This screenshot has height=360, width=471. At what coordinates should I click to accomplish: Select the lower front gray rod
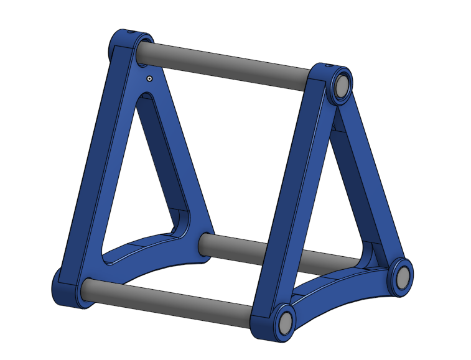pyautogui.click(x=168, y=303)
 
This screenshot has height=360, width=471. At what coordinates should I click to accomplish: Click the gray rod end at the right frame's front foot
pyautogui.click(x=286, y=322)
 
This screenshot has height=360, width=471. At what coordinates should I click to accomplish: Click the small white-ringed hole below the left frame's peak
pyautogui.click(x=149, y=79)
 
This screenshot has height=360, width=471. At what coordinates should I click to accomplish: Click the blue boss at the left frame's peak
pyautogui.click(x=124, y=47)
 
